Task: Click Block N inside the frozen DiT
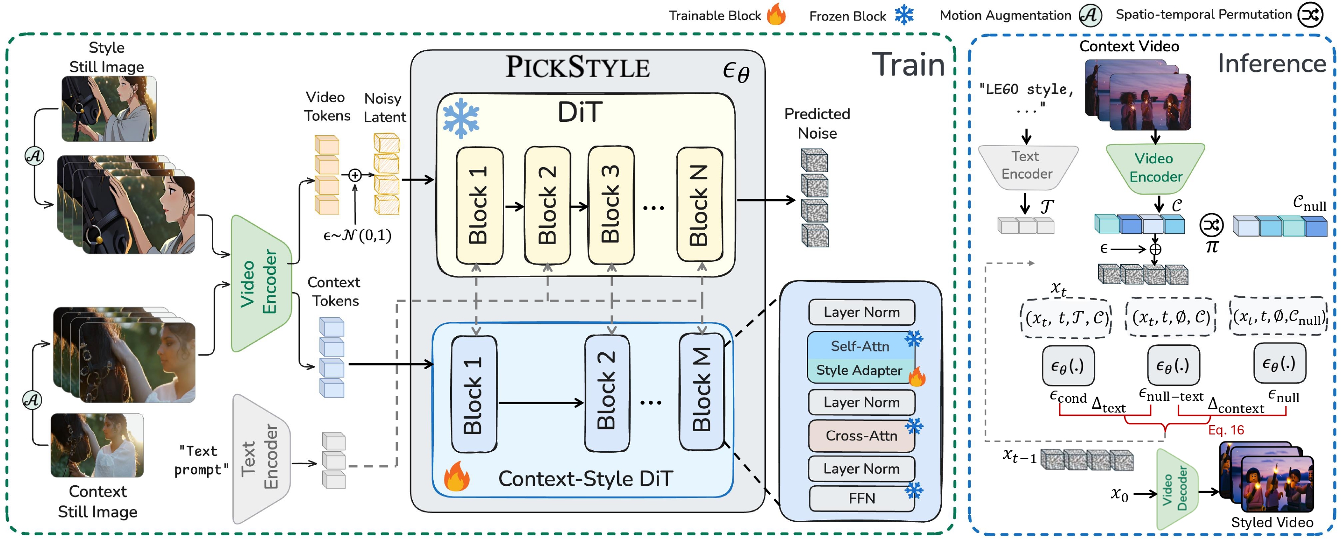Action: (x=699, y=205)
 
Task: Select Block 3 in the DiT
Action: (x=611, y=205)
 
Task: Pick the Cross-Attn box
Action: (x=861, y=435)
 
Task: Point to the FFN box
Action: (x=862, y=498)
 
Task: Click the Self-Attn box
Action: (x=860, y=346)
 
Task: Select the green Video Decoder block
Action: (x=1176, y=489)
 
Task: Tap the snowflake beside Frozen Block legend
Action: (x=904, y=15)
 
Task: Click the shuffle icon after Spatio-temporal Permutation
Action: (x=1310, y=14)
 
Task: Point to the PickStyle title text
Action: (x=577, y=67)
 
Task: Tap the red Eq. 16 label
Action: (x=1225, y=430)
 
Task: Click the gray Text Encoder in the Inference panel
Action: (x=1027, y=166)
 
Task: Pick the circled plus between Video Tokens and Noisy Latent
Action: (x=354, y=175)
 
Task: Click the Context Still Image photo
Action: (x=97, y=445)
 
